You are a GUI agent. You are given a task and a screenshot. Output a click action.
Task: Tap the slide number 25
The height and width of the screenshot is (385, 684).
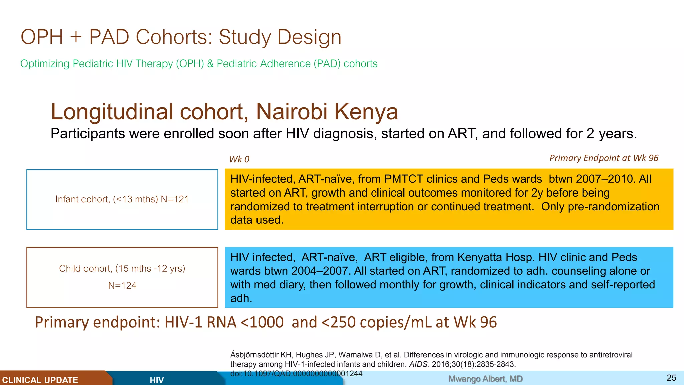(x=671, y=378)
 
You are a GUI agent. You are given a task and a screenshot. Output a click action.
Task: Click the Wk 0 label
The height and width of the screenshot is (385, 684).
(x=239, y=159)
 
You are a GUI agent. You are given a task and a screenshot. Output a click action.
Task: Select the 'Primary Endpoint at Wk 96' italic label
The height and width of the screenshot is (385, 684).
(x=604, y=158)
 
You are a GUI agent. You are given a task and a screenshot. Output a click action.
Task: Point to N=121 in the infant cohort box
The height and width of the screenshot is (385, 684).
(x=175, y=199)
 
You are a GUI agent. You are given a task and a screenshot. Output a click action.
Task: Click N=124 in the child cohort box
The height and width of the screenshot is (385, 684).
(x=122, y=286)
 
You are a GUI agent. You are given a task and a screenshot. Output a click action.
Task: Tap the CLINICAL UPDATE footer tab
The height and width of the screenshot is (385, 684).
(x=40, y=380)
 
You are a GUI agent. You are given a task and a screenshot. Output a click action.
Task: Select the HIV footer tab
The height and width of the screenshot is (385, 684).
(x=157, y=380)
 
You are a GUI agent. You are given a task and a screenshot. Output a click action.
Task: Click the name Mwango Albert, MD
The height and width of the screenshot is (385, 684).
(x=485, y=379)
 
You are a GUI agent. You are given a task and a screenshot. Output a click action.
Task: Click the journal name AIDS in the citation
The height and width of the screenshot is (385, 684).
(x=418, y=364)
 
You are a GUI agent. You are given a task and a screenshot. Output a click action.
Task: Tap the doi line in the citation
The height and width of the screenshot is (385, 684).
(x=296, y=373)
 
